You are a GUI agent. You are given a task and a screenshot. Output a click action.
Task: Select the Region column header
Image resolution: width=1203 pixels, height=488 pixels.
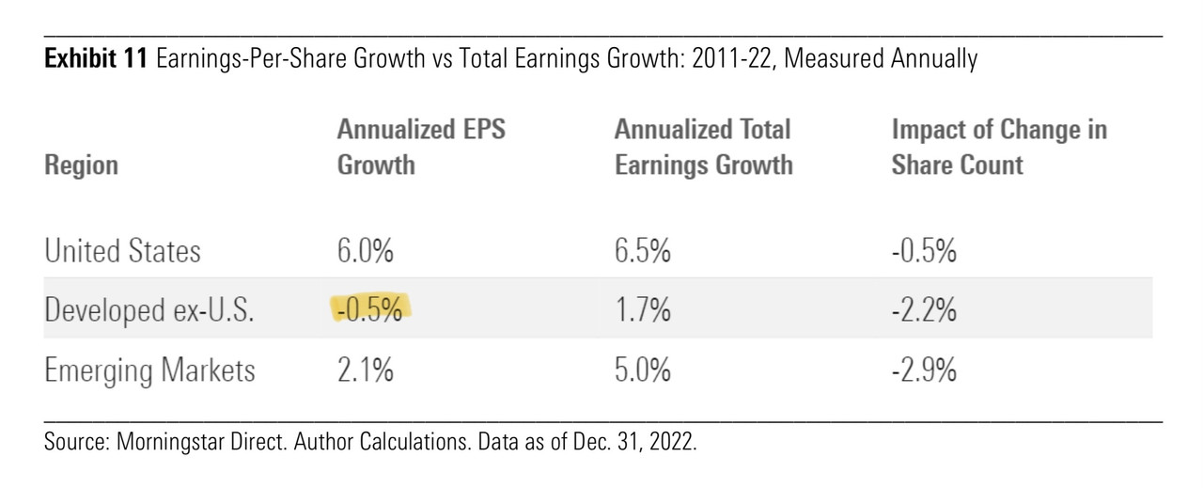tap(81, 165)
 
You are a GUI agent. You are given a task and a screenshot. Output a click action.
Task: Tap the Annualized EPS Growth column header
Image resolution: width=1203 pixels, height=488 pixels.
tap(421, 148)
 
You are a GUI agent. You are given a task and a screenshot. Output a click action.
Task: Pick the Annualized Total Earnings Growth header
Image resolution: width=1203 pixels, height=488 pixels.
tap(703, 148)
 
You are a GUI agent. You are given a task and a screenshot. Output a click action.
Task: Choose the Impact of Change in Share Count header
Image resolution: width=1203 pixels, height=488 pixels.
tap(998, 148)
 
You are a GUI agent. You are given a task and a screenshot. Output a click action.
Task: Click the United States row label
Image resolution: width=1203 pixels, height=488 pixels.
tap(122, 251)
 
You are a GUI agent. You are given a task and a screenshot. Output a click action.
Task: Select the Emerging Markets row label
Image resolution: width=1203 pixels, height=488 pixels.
tap(148, 370)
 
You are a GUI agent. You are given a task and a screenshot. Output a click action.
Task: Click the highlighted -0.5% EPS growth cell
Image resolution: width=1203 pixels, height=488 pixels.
tap(372, 310)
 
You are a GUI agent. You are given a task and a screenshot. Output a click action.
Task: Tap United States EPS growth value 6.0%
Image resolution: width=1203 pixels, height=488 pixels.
tap(366, 251)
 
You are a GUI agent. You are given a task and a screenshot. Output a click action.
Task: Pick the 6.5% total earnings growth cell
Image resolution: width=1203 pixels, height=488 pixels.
tap(643, 251)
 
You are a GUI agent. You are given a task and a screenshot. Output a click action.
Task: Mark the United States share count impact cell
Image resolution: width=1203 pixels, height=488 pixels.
tap(924, 251)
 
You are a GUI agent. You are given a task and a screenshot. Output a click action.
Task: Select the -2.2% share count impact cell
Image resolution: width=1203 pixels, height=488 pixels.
tap(924, 310)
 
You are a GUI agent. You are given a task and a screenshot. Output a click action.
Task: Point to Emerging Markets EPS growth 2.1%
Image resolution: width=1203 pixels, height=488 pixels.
tap(365, 370)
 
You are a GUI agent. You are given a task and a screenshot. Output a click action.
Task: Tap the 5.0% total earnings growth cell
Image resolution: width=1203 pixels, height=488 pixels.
tap(643, 370)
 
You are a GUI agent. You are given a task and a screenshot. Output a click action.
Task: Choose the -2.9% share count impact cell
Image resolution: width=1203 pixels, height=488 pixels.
tap(924, 370)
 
